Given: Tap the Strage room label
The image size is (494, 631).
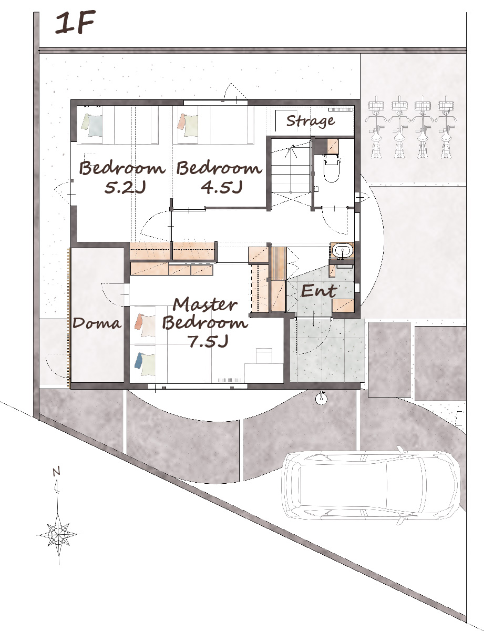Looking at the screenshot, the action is tap(311, 121).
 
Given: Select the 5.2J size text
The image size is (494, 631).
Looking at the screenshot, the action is tap(125, 188).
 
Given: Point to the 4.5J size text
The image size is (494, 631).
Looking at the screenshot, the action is tap(222, 187).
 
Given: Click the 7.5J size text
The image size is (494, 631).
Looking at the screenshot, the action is tap(208, 341).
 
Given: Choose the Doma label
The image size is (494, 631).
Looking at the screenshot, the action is tap(97, 323).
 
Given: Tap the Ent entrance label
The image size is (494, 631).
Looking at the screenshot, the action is tap(319, 291).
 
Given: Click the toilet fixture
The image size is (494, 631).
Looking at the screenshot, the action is tap(332, 168).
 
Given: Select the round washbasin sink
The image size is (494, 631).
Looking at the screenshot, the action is tap(342, 250).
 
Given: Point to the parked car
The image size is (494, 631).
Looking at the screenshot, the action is tap(371, 486).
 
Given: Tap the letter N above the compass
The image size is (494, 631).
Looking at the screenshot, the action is tap(57, 472).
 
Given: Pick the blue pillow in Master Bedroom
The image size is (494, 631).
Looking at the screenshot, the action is tap(139, 360).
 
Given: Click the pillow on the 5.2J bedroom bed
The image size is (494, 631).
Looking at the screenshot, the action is tap(92, 125).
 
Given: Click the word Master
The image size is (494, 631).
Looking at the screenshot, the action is tap(205, 304).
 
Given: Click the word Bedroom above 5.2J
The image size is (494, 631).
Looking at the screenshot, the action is tap(122, 168).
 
